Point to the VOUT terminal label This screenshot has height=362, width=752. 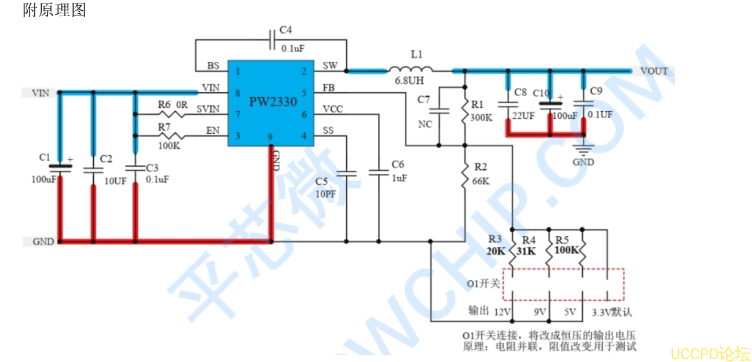tap(654, 71)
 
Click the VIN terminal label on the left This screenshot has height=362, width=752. tap(39, 93)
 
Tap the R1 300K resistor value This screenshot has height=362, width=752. tap(482, 118)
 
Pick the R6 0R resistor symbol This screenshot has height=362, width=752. tap(175, 114)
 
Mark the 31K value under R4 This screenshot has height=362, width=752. tap(526, 251)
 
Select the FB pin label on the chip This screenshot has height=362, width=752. tap(329, 88)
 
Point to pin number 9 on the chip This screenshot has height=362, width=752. tap(270, 137)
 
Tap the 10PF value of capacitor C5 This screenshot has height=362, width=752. tap(325, 195)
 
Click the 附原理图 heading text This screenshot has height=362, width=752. tap(54, 10)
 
